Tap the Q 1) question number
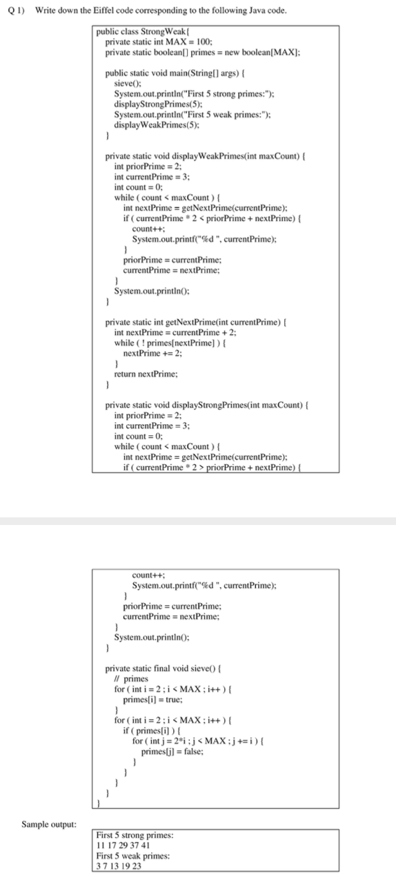14,11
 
